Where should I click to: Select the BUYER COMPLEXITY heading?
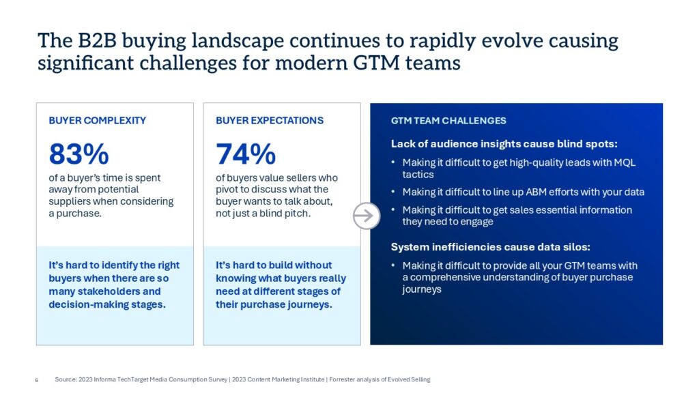(98, 121)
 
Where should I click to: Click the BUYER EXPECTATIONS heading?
(270, 121)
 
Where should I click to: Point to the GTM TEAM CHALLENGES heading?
(448, 121)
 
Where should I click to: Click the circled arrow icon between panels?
(366, 216)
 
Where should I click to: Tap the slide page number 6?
(36, 379)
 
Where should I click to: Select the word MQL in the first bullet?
(623, 162)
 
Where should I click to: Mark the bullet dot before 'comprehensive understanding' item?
(393, 265)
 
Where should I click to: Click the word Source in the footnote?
(64, 379)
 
